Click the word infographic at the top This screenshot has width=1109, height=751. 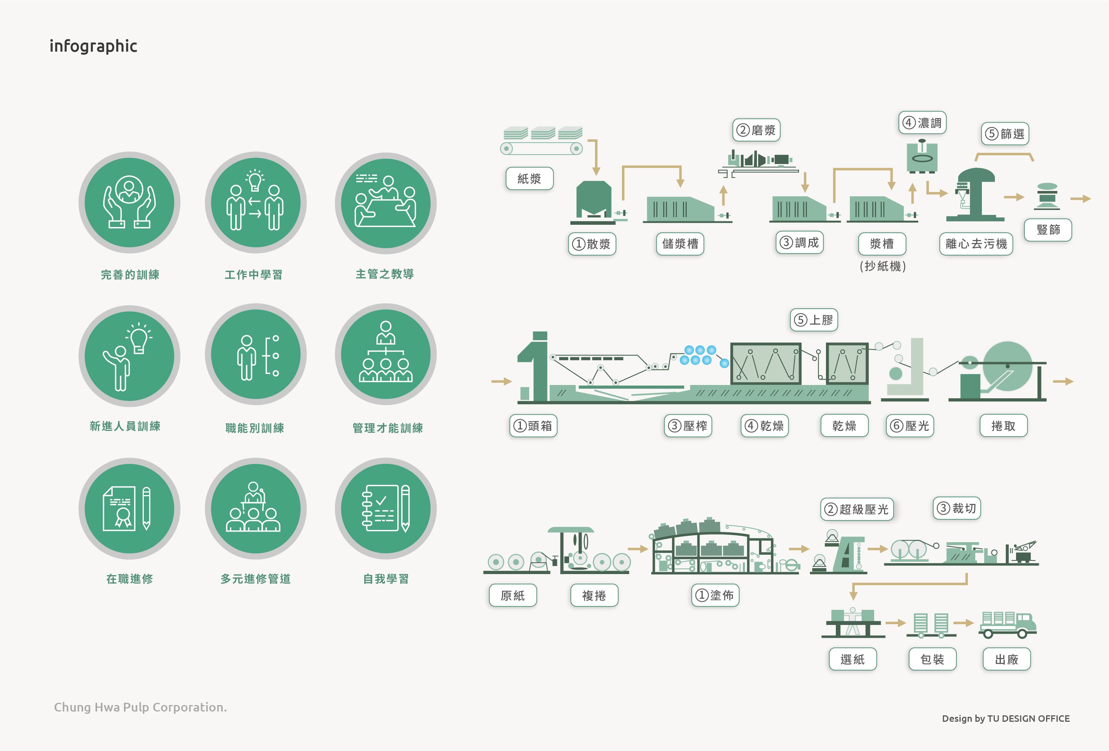pyautogui.click(x=94, y=46)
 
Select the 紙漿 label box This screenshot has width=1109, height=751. pyautogui.click(x=529, y=178)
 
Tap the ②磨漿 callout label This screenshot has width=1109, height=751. pyautogui.click(x=757, y=130)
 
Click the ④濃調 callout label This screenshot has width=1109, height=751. pyautogui.click(x=922, y=123)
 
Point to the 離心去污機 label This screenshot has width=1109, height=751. pyautogui.click(x=976, y=243)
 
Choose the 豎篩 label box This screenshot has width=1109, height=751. pyautogui.click(x=1048, y=230)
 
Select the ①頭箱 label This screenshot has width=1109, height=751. pyautogui.click(x=533, y=425)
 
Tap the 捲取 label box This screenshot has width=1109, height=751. pyautogui.click(x=1003, y=425)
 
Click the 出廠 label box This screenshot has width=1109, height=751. pyautogui.click(x=1007, y=659)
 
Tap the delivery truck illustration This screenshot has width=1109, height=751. pyautogui.click(x=1007, y=625)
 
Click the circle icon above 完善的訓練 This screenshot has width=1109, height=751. pyautogui.click(x=129, y=202)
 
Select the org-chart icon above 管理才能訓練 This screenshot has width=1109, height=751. pyautogui.click(x=385, y=354)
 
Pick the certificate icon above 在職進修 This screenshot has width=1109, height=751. pyautogui.click(x=129, y=508)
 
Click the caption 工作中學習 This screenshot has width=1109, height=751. pyautogui.click(x=253, y=275)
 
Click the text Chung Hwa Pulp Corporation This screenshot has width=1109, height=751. pyautogui.click(x=140, y=707)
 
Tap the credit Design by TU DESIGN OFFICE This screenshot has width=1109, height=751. pyautogui.click(x=1005, y=718)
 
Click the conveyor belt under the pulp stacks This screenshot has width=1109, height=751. pyautogui.click(x=541, y=148)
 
